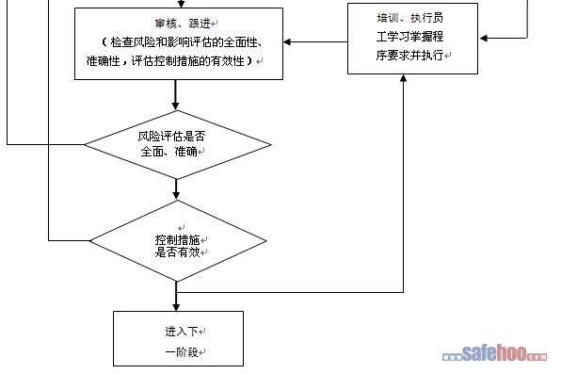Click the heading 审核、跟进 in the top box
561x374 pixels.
click(183, 24)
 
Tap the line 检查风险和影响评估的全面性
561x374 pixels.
click(184, 42)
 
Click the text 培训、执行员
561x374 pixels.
click(410, 18)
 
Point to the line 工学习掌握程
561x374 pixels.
click(410, 36)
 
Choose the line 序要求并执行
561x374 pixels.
click(410, 55)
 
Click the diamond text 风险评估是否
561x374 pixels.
click(171, 137)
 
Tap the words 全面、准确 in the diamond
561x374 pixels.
click(169, 152)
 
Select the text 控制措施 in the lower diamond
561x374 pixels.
click(178, 239)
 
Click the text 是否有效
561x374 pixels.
click(178, 252)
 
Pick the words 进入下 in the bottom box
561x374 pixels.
click(182, 332)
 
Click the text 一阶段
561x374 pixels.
click(182, 352)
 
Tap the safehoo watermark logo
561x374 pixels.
click(494, 353)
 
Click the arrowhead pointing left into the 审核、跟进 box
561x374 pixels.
click(287, 41)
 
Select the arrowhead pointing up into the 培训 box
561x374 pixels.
click(403, 78)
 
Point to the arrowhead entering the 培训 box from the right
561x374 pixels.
click(483, 38)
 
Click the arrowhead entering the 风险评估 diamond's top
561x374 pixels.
click(175, 106)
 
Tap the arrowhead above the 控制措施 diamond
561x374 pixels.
click(176, 195)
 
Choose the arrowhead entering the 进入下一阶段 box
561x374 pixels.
click(176, 307)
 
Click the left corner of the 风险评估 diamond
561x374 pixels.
click(85, 145)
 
